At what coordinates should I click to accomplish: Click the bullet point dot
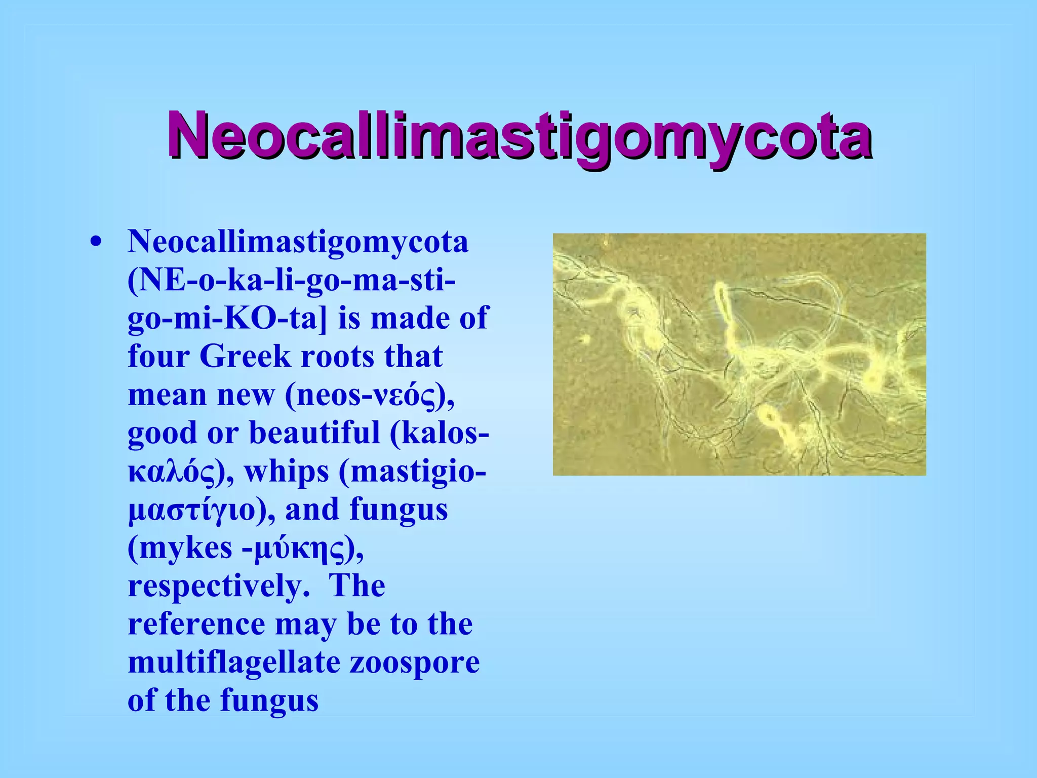pos(96,242)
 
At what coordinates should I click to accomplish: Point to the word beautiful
pos(314,433)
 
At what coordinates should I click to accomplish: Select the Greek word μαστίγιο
pos(192,511)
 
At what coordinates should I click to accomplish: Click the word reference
pos(196,624)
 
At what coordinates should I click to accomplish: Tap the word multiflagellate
pos(234,662)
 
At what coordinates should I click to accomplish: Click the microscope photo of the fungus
pos(739,354)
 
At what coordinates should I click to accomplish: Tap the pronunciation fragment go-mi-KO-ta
pos(222,319)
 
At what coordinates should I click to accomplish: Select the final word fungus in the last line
pos(269,701)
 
